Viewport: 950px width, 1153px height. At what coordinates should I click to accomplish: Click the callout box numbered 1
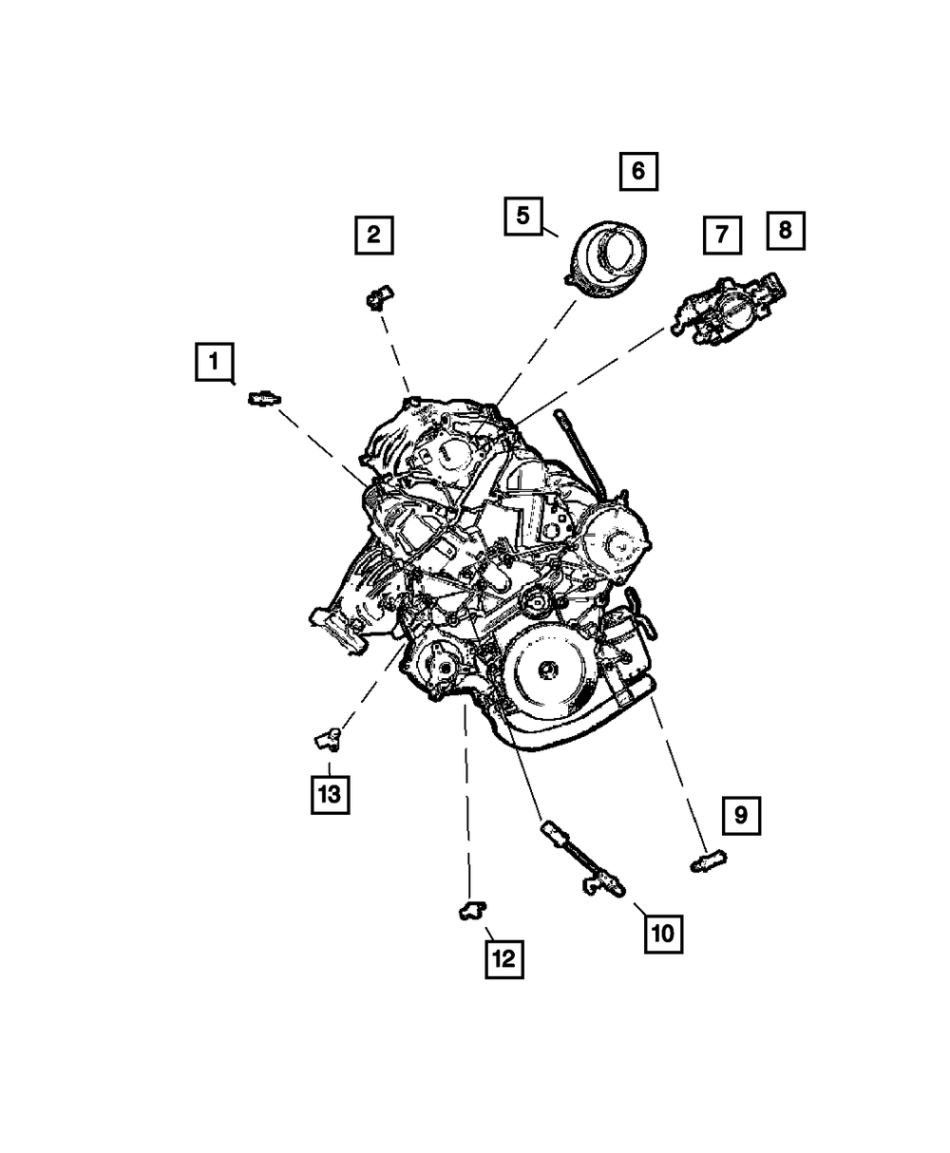pos(215,362)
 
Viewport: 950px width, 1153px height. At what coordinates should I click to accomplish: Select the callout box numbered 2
pos(373,235)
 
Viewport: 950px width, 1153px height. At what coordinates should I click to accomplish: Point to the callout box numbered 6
pos(638,171)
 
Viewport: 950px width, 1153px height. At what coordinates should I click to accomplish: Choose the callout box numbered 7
pos(722,235)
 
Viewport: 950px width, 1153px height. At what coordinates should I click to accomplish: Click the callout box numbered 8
pos(786,230)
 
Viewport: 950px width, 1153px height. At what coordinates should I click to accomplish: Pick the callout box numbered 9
pos(741,815)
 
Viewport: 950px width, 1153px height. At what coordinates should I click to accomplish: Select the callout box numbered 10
pos(662,933)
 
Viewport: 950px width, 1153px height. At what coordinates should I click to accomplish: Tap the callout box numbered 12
pos(503,958)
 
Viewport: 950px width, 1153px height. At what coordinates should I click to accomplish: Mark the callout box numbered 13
pos(329,794)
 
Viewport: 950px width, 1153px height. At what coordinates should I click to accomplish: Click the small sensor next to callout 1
pos(262,399)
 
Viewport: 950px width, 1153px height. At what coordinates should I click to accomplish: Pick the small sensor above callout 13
pos(328,735)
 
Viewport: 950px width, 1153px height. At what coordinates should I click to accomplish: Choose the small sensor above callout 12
pos(470,909)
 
